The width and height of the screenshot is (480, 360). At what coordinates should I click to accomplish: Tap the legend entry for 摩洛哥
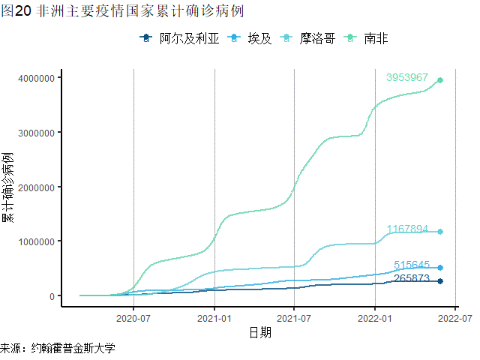pos(307,38)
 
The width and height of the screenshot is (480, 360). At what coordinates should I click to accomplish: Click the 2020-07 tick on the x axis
pos(133,318)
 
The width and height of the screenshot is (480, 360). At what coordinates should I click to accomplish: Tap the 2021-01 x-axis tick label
pos(214,318)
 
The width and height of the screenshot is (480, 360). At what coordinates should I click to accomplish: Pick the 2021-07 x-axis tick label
pos(294,318)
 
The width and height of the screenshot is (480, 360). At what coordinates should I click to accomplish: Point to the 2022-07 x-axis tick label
pos(454,318)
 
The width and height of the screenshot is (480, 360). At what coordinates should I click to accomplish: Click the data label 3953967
pos(406,78)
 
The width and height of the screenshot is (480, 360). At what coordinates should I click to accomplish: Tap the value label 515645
pos(412,265)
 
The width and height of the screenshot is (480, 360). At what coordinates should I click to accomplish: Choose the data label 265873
pos(412,278)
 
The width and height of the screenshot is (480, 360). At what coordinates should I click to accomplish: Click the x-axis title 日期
pos(260,332)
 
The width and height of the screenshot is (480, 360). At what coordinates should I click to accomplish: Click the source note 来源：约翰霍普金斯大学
pos(58,349)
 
